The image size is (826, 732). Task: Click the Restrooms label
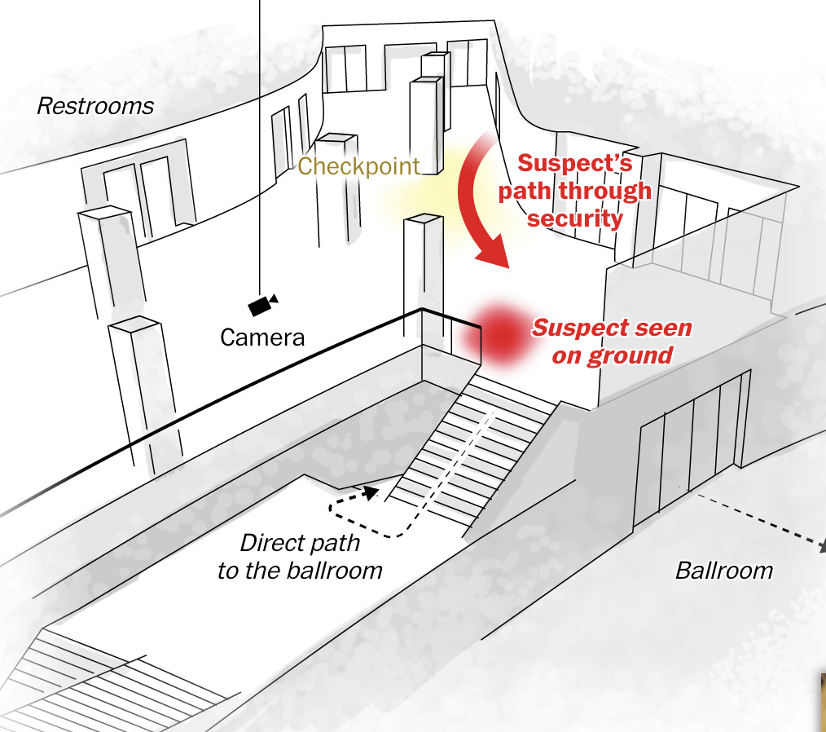point(95,106)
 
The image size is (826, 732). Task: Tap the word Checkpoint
point(358,166)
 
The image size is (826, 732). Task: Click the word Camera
point(262,337)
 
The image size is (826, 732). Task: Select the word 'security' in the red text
point(575,218)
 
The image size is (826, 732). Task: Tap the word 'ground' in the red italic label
point(632,356)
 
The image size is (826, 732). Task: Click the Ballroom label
point(723,570)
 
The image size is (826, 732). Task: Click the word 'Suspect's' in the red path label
point(575,164)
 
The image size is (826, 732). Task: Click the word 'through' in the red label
point(611,192)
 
